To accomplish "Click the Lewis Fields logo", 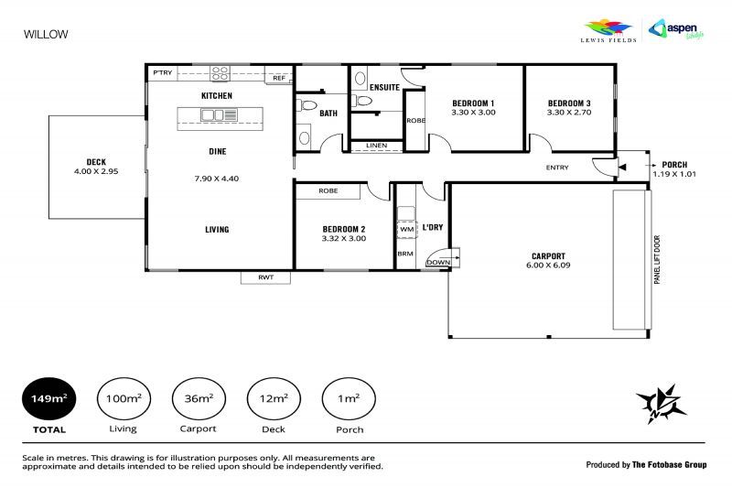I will tap(608, 30).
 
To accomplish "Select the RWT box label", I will tap(265, 277).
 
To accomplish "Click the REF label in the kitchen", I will tap(279, 79).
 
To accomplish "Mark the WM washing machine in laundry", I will tap(405, 229).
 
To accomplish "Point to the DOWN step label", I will tap(438, 261).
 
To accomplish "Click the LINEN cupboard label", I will tap(374, 146).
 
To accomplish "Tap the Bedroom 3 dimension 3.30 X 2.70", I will tap(570, 112).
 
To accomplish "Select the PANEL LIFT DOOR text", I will tap(656, 260).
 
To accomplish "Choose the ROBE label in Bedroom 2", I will tap(328, 190).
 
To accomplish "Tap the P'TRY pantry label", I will tap(163, 72).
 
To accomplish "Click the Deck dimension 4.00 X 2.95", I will tap(96, 171).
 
